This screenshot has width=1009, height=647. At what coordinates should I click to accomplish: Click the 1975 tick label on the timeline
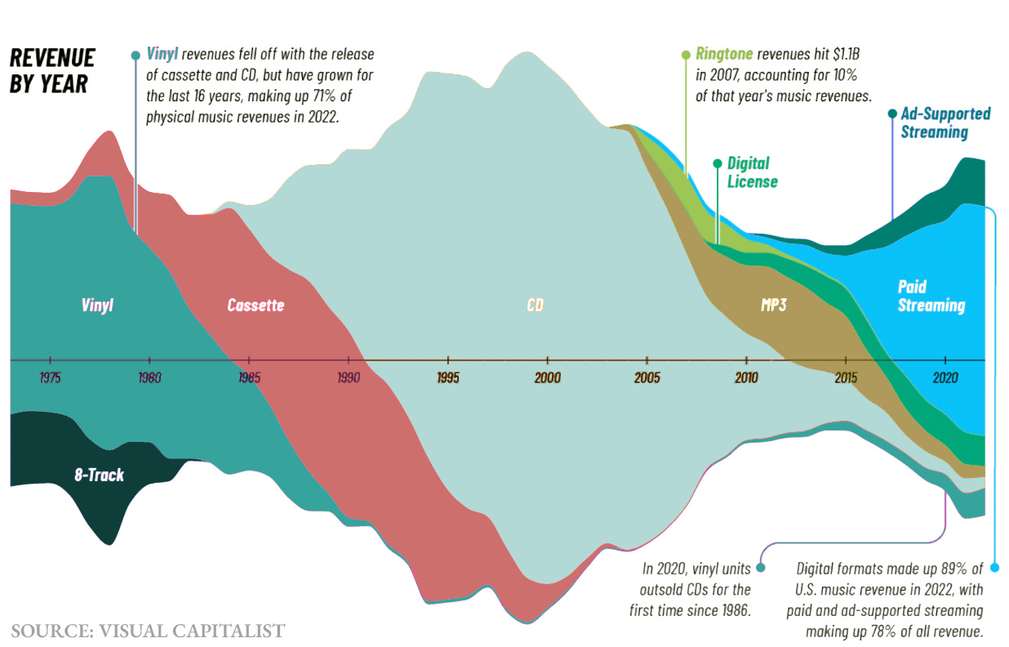click(x=51, y=378)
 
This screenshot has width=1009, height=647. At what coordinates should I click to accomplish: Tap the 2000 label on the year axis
click(x=548, y=378)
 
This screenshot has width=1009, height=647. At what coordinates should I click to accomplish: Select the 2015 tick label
click(x=845, y=378)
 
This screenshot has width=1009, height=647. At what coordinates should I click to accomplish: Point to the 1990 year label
click(x=349, y=378)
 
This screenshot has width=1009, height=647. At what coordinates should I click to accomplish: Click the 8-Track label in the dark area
click(x=99, y=475)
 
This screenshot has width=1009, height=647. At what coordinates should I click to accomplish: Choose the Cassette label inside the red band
click(x=256, y=306)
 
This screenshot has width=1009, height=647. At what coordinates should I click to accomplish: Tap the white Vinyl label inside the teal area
click(x=97, y=306)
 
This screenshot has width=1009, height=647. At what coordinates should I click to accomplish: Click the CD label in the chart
click(x=536, y=306)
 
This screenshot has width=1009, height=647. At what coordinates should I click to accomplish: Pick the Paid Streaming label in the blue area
click(x=931, y=297)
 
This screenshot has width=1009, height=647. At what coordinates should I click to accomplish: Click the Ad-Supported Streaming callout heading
click(x=945, y=123)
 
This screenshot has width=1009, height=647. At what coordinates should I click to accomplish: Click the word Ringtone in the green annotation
click(x=724, y=55)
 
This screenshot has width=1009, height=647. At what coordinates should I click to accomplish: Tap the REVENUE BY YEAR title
click(x=52, y=70)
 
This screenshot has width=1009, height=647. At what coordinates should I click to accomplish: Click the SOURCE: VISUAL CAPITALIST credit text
click(x=148, y=631)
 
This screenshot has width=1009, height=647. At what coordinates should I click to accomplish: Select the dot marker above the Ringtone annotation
click(x=686, y=55)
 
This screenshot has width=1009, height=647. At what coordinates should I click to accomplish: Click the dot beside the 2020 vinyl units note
click(x=760, y=568)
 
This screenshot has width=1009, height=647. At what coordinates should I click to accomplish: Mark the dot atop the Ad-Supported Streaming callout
click(x=891, y=114)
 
